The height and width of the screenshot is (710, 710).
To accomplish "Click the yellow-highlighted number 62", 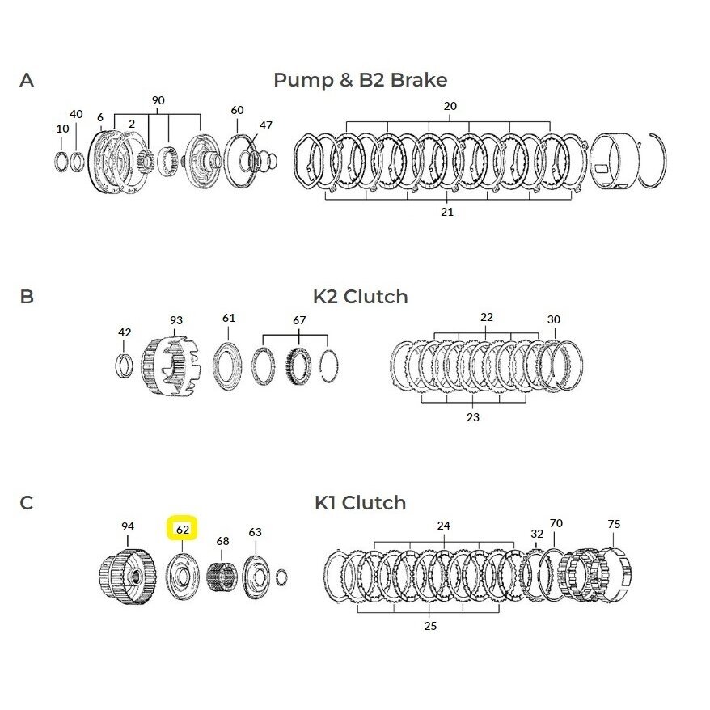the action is [x=182, y=529].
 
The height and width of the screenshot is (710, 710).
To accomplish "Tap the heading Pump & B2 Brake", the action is [x=361, y=80].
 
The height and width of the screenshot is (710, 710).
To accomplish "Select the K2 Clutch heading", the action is [x=361, y=297].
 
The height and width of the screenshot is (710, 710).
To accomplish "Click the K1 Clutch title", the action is [x=361, y=503].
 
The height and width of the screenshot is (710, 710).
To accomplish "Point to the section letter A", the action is [x=27, y=80].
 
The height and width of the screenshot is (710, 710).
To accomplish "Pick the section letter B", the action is [x=27, y=297].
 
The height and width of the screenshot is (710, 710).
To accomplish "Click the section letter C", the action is [x=27, y=503].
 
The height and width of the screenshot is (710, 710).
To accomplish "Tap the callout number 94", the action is [x=128, y=526].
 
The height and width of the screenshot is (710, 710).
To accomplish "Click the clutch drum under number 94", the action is [x=127, y=577].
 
